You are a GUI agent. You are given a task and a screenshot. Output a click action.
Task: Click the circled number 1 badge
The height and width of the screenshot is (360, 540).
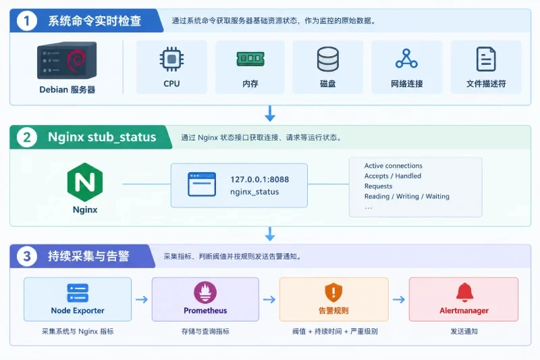(x=26, y=21)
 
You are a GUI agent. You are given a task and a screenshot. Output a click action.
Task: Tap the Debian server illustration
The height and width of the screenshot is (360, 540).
(x=67, y=60)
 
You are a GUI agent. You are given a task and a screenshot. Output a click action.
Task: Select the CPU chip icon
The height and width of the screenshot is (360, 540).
(x=171, y=59)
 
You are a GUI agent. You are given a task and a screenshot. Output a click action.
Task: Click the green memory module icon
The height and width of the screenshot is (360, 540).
(x=250, y=59)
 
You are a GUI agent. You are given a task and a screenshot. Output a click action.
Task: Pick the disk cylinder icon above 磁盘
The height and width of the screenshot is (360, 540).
(x=328, y=59)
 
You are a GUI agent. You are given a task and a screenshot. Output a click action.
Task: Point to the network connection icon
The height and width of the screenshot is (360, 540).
(x=406, y=59)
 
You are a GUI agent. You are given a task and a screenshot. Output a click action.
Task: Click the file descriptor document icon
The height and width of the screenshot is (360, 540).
(x=486, y=59)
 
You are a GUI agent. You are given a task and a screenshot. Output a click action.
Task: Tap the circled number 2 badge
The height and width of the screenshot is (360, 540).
(x=27, y=137)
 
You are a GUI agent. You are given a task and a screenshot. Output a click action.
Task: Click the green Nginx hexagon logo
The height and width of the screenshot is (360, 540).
(x=85, y=182)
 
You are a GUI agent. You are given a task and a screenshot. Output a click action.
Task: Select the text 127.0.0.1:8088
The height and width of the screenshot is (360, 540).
(x=260, y=180)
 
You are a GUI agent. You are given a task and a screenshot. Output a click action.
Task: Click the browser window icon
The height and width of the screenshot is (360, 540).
(x=202, y=184)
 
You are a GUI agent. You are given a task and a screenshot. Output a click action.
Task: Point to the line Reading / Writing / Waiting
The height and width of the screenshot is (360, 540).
(x=407, y=197)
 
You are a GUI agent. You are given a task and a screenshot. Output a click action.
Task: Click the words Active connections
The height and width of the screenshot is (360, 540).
(x=394, y=165)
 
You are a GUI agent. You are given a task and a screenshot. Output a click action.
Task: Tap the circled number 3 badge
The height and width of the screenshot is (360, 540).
(x=27, y=256)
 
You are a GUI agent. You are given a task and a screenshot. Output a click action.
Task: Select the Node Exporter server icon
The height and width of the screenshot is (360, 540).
(x=78, y=293)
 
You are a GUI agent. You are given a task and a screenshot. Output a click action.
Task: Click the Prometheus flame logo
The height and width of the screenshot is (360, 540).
(x=205, y=292)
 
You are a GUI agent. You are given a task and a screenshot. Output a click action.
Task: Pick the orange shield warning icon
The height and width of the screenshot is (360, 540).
(x=333, y=292)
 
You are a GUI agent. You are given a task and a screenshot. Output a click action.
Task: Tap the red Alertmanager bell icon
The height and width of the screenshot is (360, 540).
(x=464, y=292)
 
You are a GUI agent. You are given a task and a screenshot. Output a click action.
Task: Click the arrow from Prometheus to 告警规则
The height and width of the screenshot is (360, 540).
(x=269, y=299)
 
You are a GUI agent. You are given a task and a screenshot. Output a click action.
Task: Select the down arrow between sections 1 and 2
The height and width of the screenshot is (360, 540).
(x=270, y=113)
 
